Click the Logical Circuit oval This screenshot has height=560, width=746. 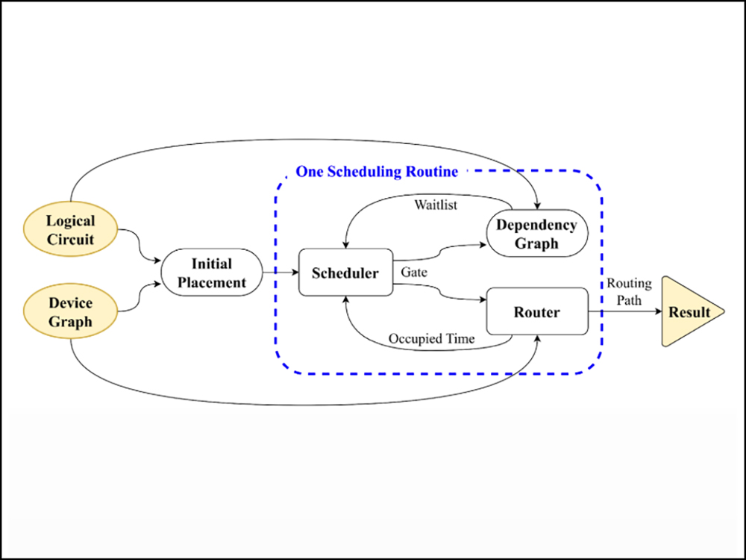click(x=71, y=231)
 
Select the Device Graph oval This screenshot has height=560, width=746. click(x=71, y=312)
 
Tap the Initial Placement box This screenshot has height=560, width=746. click(x=212, y=273)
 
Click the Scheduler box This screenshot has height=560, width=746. click(x=345, y=273)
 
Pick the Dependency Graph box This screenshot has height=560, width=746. click(x=536, y=234)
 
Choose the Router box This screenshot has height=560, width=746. click(x=536, y=311)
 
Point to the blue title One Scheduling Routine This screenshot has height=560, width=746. click(x=377, y=172)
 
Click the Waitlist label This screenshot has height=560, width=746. click(x=436, y=205)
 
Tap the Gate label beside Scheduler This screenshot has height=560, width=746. click(x=414, y=273)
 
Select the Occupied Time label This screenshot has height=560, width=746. click(x=431, y=338)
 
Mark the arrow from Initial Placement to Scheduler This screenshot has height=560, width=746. click(x=280, y=273)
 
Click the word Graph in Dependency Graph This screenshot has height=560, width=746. click(x=536, y=243)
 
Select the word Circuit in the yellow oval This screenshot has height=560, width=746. click(x=71, y=240)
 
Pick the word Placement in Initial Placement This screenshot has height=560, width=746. click(x=212, y=283)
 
